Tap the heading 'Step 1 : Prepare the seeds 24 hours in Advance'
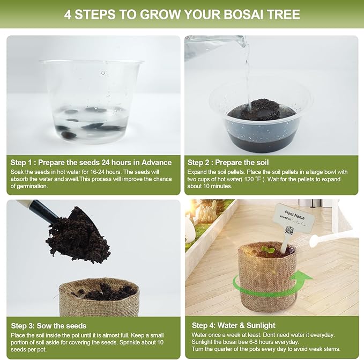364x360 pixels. tap(91, 163)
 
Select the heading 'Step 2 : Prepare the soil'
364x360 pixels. tap(228, 163)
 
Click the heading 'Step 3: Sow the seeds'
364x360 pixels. tap(48, 326)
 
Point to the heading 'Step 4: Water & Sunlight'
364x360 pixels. tap(234, 325)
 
